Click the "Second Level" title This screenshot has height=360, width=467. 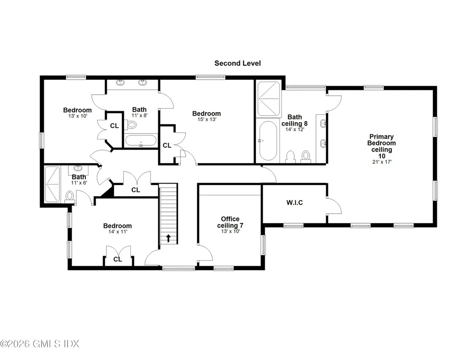(x=237, y=63)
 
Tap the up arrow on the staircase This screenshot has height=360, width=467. (x=168, y=238)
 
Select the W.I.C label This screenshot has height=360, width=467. (x=295, y=203)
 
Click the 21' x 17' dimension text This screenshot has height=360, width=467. (x=382, y=162)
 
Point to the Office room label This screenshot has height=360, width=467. (x=230, y=219)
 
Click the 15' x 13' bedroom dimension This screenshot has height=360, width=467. (x=207, y=119)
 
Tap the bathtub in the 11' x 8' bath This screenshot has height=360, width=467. (x=140, y=140)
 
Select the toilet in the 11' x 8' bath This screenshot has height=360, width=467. (x=130, y=124)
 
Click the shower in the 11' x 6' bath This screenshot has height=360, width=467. (x=52, y=184)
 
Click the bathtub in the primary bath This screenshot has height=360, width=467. (x=268, y=140)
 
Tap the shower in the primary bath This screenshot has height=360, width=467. (x=269, y=98)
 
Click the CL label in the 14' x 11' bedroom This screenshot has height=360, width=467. (x=118, y=259)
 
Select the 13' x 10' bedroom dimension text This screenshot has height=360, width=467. (x=78, y=116)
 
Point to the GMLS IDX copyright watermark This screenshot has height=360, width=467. (x=40, y=344)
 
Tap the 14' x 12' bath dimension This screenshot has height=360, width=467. (x=295, y=129)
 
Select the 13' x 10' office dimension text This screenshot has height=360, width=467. (x=230, y=231)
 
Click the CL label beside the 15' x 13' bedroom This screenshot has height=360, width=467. (x=167, y=145)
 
